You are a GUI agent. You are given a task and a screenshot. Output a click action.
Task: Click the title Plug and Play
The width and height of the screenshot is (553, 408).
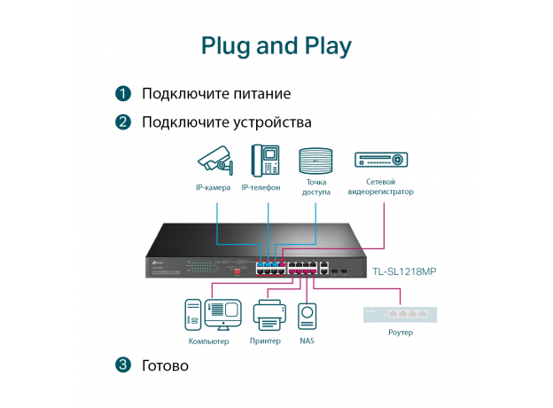coord(276,45)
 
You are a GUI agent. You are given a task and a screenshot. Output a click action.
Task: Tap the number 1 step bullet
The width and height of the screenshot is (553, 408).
coord(123,93)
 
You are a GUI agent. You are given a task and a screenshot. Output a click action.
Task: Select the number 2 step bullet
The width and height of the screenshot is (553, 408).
coord(123,122)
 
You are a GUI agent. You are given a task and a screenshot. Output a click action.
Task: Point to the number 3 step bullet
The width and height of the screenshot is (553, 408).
coord(123,365)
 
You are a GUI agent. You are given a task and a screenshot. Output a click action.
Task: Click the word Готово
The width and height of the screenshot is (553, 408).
coord(165,365)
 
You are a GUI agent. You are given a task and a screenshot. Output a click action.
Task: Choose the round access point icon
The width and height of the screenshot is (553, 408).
coord(315,161)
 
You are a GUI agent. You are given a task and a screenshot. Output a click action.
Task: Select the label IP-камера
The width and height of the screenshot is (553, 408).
coord(213,188)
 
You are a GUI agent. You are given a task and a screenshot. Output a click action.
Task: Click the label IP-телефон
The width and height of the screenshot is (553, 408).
coord(261,188)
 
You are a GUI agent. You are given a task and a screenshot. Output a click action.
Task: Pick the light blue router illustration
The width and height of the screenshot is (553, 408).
coord(400,313)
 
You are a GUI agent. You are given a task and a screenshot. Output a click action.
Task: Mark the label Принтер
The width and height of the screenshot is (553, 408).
coord(266,341)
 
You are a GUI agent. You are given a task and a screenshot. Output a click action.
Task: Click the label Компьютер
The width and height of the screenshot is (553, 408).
coord(209,341)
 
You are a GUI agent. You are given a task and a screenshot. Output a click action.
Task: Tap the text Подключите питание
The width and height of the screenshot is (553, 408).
coord(216,93)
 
